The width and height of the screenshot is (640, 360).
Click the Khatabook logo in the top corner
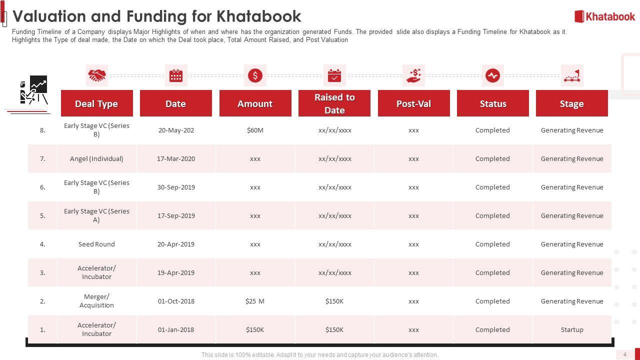[x=604, y=16]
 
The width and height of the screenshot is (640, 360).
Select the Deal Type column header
[x=96, y=103]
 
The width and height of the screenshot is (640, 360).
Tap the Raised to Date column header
[x=334, y=103]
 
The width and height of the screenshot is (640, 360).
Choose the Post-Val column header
[x=413, y=103]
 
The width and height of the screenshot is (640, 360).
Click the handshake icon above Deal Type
[x=97, y=75]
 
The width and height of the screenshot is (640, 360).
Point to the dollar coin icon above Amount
[x=255, y=75]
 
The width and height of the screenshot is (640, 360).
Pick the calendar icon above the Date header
[x=176, y=75]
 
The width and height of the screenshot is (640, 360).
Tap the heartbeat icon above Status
[x=492, y=75]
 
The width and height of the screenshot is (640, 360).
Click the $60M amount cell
[x=255, y=130]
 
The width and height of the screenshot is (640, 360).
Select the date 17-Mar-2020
[x=176, y=158]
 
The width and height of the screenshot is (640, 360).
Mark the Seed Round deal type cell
[x=96, y=244]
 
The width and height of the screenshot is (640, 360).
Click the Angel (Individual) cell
[x=96, y=158]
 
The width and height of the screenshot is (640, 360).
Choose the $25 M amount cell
[x=255, y=301]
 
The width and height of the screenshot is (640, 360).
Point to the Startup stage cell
[x=572, y=329]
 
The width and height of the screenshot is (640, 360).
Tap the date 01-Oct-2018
[x=176, y=301]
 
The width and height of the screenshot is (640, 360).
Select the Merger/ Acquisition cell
[x=96, y=301]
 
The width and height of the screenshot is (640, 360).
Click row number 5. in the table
[x=42, y=215]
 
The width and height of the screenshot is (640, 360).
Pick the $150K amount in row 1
[x=255, y=329]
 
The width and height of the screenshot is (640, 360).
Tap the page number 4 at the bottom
[x=624, y=354]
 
